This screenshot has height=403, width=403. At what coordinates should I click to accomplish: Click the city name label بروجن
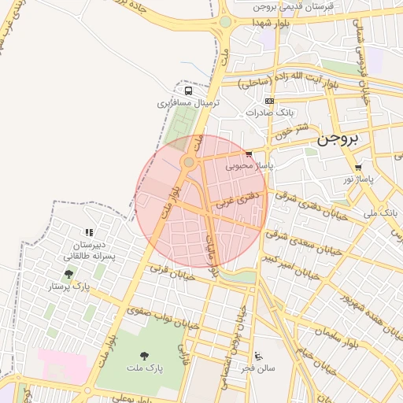pyautogui.click(x=338, y=139)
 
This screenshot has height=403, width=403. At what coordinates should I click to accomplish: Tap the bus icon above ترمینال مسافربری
pyautogui.click(x=187, y=90)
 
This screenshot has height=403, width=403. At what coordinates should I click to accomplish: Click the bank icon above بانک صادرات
pyautogui.click(x=270, y=101)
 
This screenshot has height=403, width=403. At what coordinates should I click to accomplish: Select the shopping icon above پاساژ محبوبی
pyautogui.click(x=250, y=154)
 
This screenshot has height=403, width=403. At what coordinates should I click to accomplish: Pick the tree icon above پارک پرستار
pyautogui.click(x=69, y=274)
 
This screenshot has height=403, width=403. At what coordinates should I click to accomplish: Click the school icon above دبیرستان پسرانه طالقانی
pyautogui.click(x=89, y=232)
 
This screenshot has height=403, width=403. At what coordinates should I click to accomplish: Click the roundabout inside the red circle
pyautogui.click(x=188, y=162)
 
